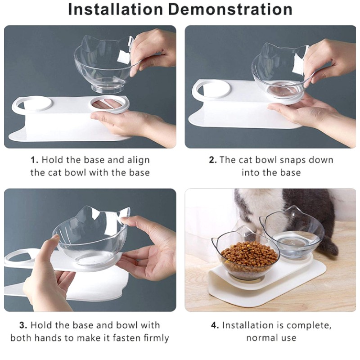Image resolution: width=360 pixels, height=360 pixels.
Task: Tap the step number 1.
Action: (x=34, y=160)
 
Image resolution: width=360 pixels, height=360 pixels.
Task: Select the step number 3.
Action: (x=22, y=325)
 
